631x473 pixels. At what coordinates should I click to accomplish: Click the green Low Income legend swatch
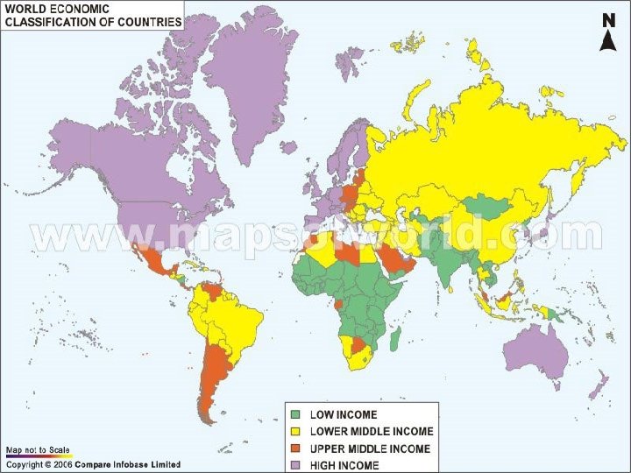(x=296, y=414)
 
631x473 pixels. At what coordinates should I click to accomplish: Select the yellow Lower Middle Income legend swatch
(x=296, y=431)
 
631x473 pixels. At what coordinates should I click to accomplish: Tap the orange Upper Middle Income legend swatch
(x=296, y=448)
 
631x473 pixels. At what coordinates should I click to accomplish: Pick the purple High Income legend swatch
(x=296, y=464)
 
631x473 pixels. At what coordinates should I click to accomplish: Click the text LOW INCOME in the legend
(x=344, y=414)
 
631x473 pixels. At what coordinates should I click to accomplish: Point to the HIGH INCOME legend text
(x=344, y=465)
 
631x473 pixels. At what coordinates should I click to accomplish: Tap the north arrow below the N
(x=606, y=40)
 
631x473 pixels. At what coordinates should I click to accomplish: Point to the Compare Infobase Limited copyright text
(x=127, y=464)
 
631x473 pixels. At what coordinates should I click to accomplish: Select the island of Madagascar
(x=396, y=337)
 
